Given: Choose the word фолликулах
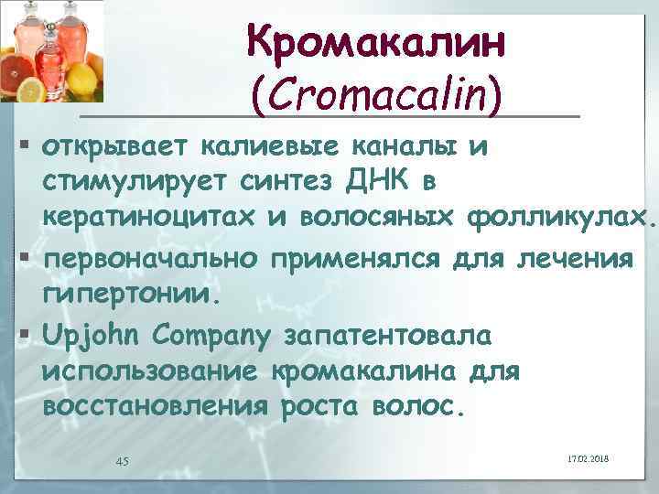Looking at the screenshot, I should click(561, 220).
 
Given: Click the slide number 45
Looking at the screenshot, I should click(122, 460).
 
